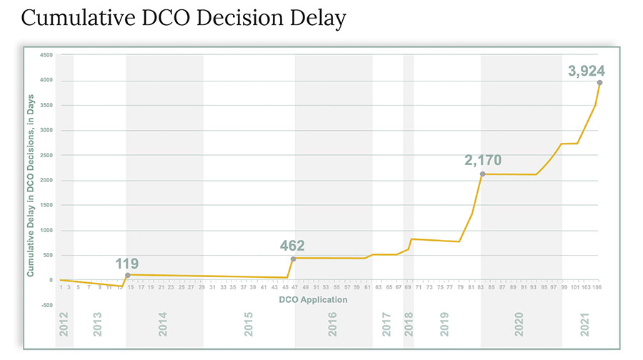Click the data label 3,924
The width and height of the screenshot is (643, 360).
click(x=586, y=71)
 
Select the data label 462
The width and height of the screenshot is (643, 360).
click(x=293, y=246)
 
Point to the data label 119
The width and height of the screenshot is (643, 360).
click(x=127, y=263)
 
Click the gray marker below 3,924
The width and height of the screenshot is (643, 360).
click(x=599, y=83)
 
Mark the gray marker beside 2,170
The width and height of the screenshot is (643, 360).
click(x=483, y=174)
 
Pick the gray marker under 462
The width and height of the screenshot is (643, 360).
click(x=293, y=259)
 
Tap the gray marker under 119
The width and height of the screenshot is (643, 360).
click(x=127, y=275)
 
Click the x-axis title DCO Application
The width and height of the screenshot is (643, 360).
click(x=313, y=299)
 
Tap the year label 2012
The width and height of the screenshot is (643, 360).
click(x=64, y=324)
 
